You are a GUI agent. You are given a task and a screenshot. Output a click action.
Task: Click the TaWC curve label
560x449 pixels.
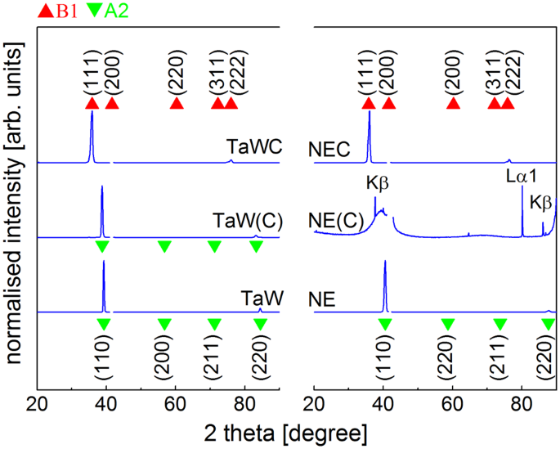coord(254,146)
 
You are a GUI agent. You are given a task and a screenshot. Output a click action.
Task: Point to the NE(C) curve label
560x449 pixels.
coord(335,222)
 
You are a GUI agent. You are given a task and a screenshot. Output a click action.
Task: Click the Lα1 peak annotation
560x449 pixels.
coord(520,176)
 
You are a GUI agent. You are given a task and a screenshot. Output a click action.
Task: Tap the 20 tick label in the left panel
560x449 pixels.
coord(37,405)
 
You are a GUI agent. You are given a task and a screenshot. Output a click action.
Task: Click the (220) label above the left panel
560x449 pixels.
coord(176,79)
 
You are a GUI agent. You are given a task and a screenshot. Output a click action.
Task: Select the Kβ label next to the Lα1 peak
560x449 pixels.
coord(541,201)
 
